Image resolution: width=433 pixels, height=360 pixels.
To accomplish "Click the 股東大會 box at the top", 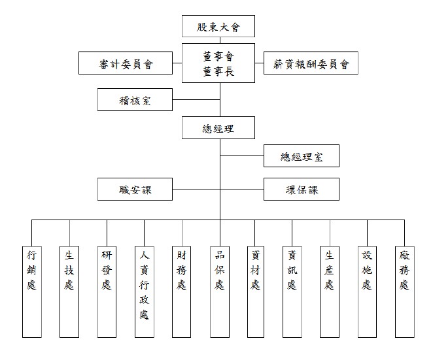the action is tap(218, 26).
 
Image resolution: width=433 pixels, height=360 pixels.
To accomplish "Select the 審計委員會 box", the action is tap(126, 63).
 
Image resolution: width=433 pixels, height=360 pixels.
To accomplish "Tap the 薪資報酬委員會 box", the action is tap(311, 63).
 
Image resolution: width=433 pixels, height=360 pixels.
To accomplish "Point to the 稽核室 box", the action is tap(135, 99).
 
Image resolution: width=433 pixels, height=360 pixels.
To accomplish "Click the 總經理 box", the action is tap(218, 127).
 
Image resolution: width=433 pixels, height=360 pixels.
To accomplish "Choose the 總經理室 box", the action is tap(302, 156).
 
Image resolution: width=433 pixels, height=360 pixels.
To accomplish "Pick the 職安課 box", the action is tap(135, 189).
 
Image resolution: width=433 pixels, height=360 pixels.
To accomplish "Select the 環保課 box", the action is tap(302, 189).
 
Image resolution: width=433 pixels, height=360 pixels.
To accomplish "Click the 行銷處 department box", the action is tap(32, 292).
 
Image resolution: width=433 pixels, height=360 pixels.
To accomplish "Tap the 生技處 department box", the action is tap(69, 292).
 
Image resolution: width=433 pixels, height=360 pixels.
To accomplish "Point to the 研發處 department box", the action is tap(107, 292).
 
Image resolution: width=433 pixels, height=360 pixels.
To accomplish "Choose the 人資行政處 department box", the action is tap(145, 292).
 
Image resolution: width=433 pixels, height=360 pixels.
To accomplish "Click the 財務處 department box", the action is tap(181, 292).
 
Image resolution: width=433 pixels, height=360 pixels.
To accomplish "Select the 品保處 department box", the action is tap(220, 292).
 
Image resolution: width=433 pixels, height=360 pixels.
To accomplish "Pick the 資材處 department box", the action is tap(256, 292).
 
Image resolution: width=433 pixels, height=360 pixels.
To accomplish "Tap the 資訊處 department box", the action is tap(292, 292).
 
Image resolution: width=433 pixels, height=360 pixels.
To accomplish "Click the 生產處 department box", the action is tap(330, 292).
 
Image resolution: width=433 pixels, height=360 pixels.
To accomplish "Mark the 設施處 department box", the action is tap(368, 292).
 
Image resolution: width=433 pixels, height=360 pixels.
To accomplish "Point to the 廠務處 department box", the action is tap(405, 292).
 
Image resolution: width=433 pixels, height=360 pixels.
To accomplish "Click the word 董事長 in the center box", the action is tap(218, 71).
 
